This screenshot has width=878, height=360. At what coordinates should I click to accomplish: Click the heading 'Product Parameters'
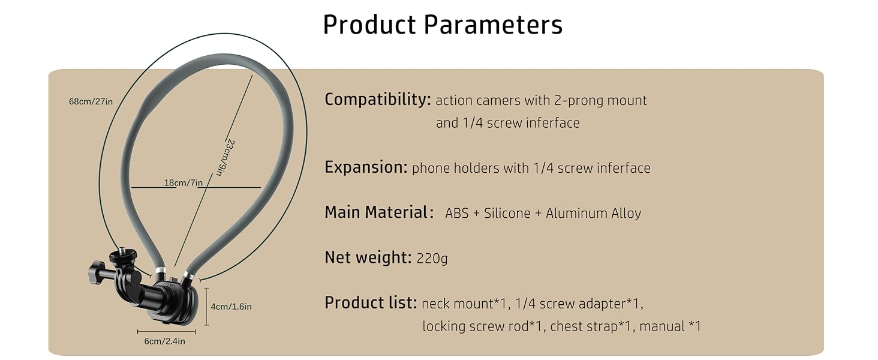(443, 25)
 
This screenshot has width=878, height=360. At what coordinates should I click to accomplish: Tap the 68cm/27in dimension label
(91, 101)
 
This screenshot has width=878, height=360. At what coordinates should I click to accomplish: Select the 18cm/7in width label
(184, 182)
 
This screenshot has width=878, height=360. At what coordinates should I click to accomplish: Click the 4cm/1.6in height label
(231, 307)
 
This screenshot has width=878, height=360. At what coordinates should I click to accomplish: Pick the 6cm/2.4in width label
(165, 341)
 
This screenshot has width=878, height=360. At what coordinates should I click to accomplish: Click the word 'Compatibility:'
(377, 100)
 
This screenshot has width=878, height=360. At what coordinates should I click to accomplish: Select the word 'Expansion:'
(366, 167)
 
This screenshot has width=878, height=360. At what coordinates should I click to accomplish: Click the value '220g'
(432, 259)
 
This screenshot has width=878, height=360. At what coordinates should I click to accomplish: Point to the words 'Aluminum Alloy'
(593, 213)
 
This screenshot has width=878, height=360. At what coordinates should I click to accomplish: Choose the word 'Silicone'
(507, 213)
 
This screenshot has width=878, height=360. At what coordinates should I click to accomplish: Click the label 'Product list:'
(370, 303)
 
